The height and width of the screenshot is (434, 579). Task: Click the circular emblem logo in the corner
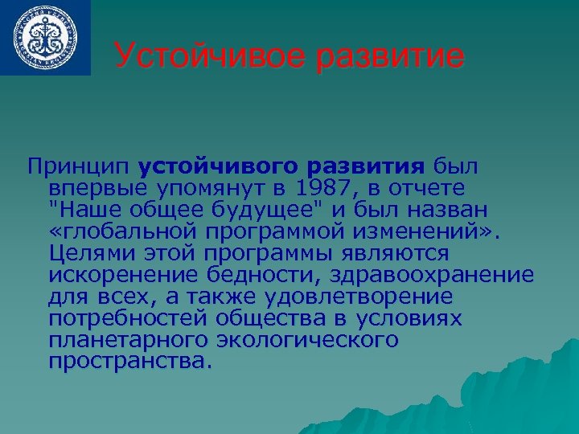pos(45,37)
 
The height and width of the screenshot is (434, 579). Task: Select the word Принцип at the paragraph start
pos(78,167)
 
